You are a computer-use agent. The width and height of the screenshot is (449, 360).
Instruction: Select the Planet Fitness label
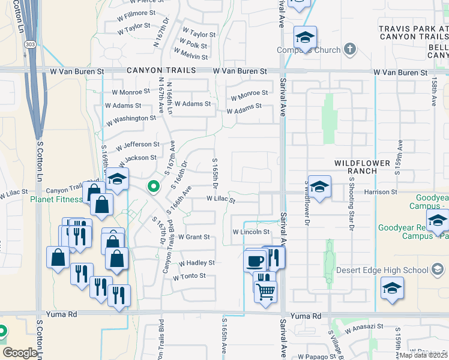tap(57, 200)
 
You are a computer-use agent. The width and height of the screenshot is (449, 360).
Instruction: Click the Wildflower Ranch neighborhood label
tap(355, 166)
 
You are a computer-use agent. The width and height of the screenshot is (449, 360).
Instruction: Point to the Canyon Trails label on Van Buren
tap(161, 71)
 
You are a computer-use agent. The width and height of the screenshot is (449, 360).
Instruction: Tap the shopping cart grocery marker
tap(265, 292)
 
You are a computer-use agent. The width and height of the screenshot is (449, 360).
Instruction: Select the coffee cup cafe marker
tap(255, 261)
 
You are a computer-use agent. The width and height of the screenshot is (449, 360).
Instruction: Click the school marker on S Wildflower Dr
tap(320, 187)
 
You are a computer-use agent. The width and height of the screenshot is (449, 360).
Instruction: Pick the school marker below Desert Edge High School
tap(392, 289)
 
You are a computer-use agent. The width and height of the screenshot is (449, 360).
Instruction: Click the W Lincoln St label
tap(251, 232)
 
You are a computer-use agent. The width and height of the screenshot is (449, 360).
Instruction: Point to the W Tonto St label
tap(190, 277)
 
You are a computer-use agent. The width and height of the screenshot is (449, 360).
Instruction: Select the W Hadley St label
tap(196, 263)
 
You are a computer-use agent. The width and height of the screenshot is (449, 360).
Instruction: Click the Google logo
tap(20, 353)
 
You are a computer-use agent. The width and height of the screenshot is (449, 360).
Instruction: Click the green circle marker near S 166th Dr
tap(154, 186)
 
